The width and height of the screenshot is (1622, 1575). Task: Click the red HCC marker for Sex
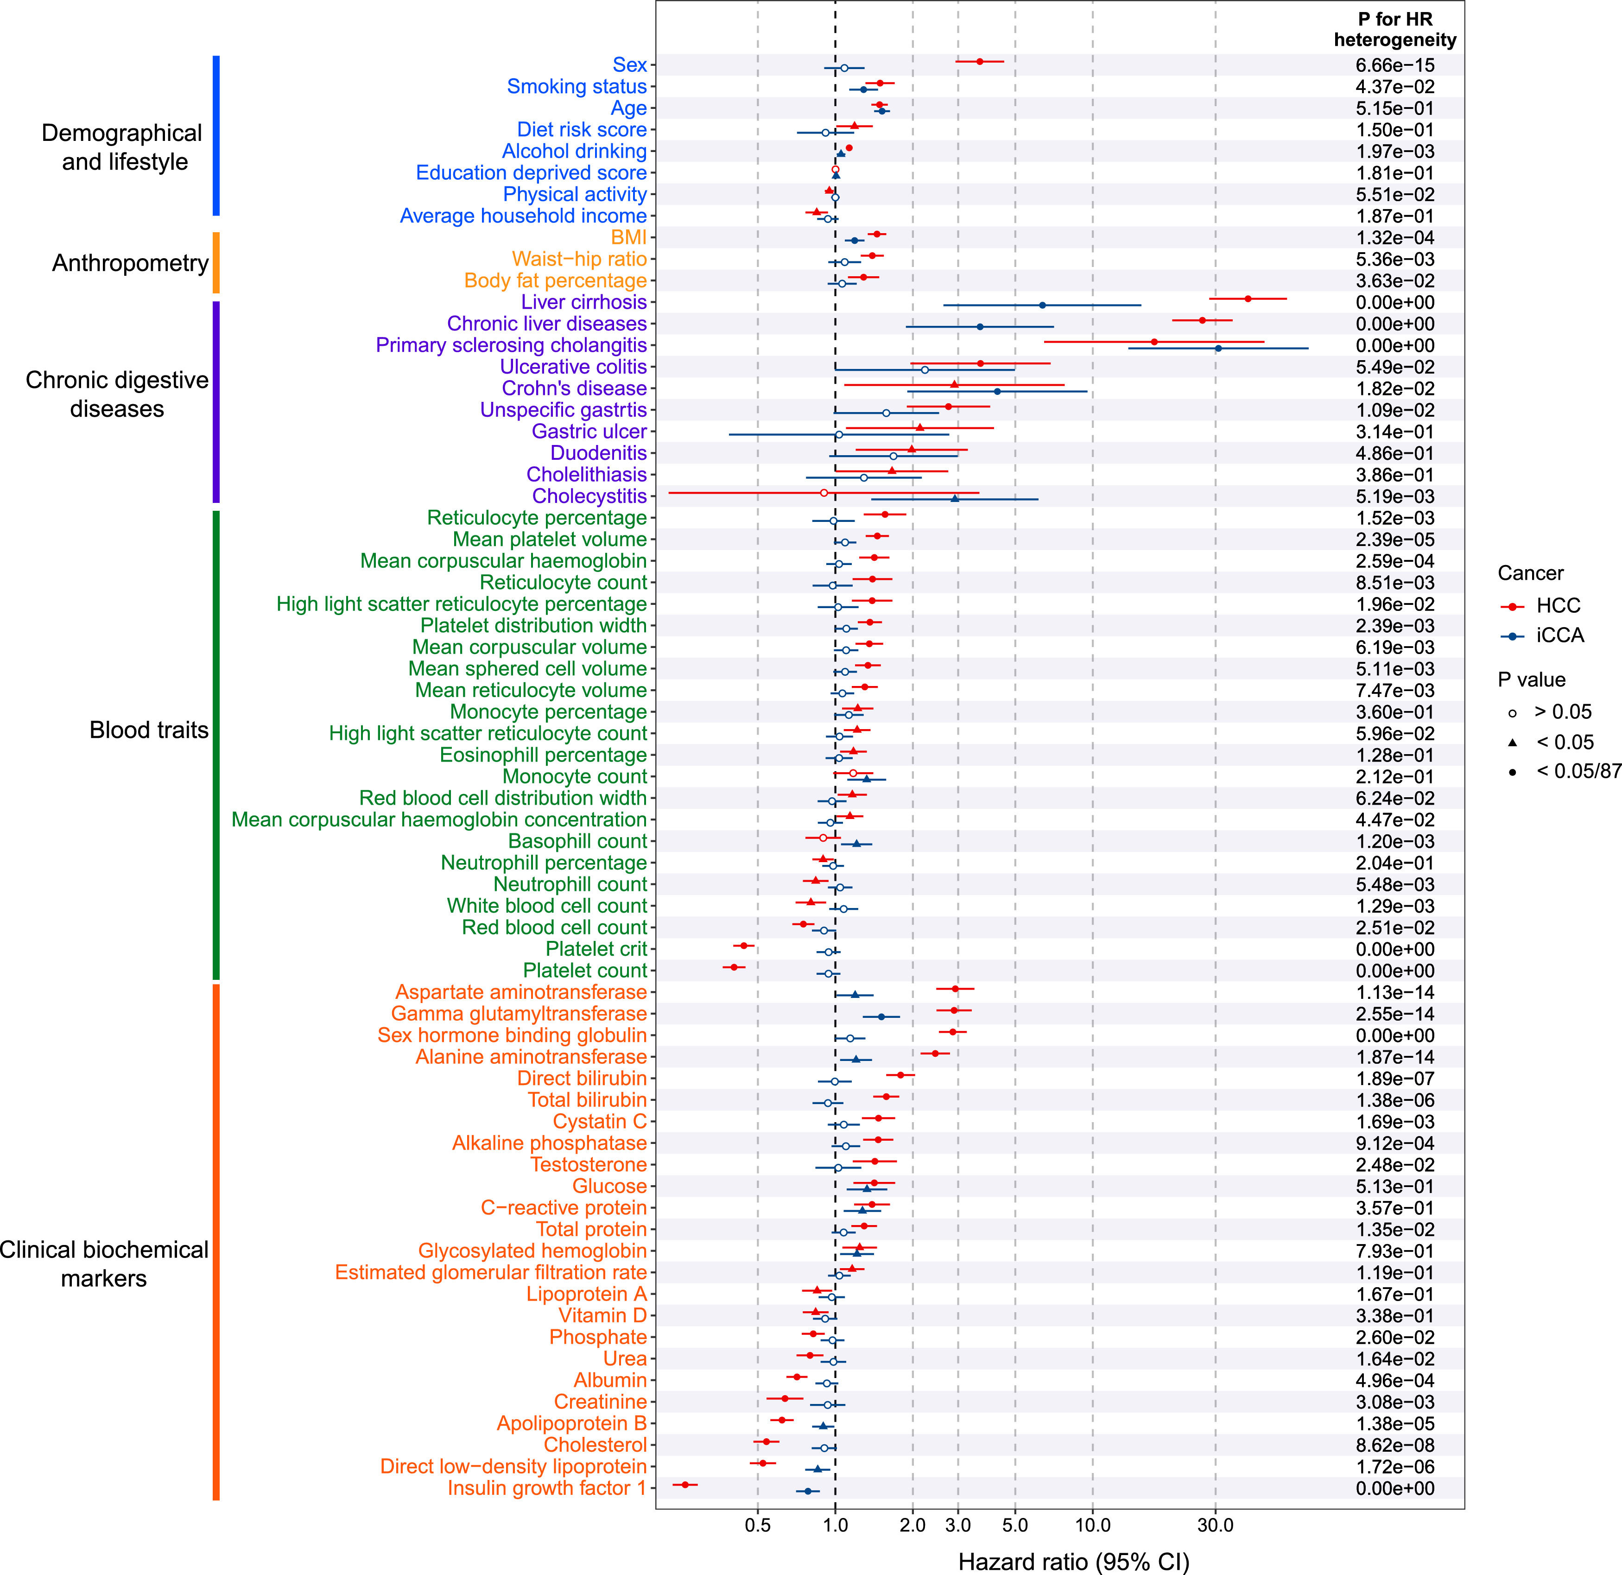pyautogui.click(x=980, y=61)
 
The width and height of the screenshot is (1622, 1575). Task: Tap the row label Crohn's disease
pyautogui.click(x=574, y=388)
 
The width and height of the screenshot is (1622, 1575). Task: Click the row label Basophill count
pyautogui.click(x=577, y=841)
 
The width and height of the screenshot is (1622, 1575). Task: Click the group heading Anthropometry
pyautogui.click(x=130, y=263)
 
